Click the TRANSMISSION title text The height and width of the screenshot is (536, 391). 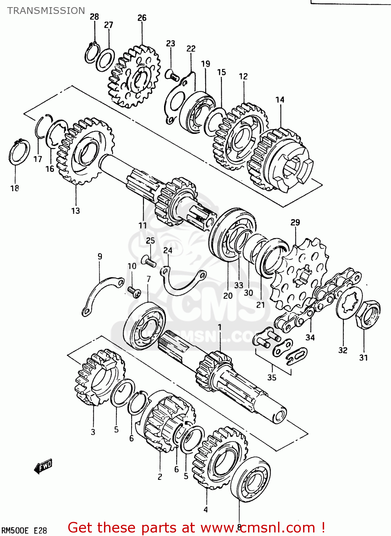click(46, 11)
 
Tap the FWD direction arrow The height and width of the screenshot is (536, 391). click(43, 466)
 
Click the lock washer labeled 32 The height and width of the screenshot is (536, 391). click(349, 302)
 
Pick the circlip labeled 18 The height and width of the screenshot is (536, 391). click(19, 153)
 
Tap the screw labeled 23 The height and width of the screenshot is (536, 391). click(172, 75)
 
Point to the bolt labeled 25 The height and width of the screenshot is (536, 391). click(148, 261)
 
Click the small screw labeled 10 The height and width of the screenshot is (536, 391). click(134, 293)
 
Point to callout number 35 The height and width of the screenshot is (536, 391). click(272, 377)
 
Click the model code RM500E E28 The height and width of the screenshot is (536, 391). click(25, 530)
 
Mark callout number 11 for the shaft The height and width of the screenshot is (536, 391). click(143, 225)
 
